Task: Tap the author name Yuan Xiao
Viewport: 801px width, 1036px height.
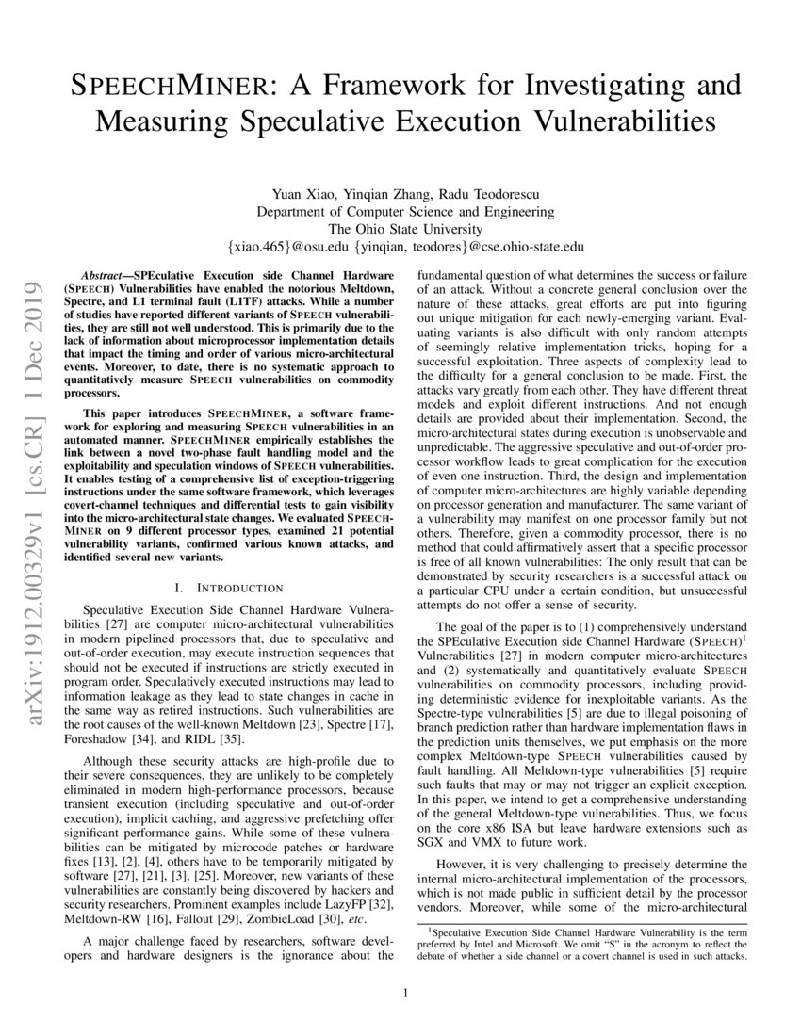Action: tap(301, 195)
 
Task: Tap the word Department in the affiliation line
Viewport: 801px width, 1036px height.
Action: tap(294, 212)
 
